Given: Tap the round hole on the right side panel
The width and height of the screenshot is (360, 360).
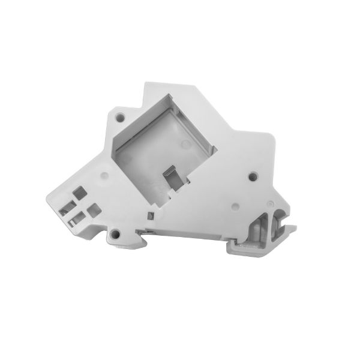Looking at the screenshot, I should [252, 176].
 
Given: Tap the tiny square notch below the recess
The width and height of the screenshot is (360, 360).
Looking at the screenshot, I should [149, 215].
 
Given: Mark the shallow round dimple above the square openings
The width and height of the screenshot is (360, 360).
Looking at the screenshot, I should [104, 176].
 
